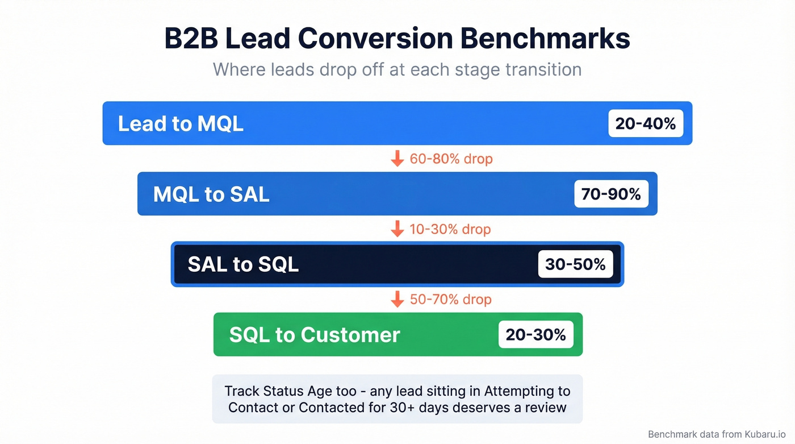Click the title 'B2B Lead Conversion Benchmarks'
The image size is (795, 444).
click(397, 39)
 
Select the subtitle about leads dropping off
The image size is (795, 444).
click(397, 70)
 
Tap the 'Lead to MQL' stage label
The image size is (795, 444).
click(181, 123)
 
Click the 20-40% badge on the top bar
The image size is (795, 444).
click(646, 123)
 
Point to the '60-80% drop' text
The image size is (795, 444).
click(451, 159)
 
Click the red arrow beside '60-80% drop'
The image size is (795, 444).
click(397, 159)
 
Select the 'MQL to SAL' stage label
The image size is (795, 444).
click(211, 194)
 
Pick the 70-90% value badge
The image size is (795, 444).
click(611, 194)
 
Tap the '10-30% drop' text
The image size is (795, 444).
click(450, 229)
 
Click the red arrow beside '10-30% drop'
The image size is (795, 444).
click(397, 229)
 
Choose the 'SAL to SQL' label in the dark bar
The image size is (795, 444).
click(243, 264)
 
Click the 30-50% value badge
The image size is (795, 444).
click(575, 264)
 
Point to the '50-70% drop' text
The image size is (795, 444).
click(450, 300)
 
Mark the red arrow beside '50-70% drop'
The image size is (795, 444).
click(397, 299)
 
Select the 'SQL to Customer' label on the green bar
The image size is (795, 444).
click(315, 335)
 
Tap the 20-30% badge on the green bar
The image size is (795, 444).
click(535, 335)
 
